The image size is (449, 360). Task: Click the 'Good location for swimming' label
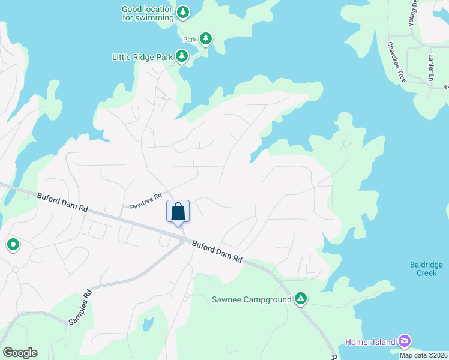(147, 13)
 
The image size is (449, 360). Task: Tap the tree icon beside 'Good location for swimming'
(183, 11)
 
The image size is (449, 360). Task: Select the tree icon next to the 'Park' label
(206, 39)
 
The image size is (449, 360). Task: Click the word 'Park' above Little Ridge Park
(190, 40)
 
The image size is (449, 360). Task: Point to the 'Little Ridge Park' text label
(142, 57)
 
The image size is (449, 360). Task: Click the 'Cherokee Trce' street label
(396, 62)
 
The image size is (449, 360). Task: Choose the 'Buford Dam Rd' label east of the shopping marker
(217, 251)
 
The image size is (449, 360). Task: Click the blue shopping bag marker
(178, 212)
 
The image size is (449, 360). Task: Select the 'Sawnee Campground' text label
(252, 299)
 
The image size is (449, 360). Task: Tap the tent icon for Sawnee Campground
(301, 298)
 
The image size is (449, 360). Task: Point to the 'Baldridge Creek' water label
(427, 268)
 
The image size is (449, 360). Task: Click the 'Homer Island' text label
(370, 342)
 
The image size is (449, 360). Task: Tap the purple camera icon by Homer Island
(405, 341)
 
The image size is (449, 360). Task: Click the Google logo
(20, 353)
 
